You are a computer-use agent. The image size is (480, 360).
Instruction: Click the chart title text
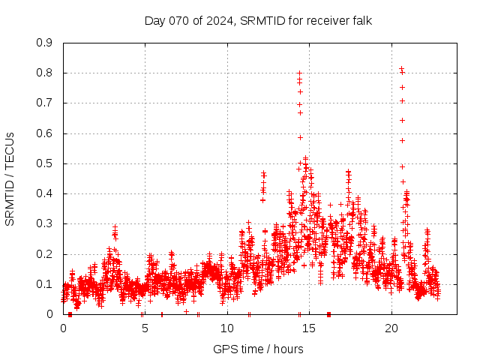tap(258, 21)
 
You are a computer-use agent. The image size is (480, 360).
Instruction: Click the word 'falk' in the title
tap(361, 21)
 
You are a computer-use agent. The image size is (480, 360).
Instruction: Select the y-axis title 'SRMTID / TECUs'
tap(10, 178)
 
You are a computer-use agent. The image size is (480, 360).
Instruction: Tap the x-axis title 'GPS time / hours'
tap(258, 349)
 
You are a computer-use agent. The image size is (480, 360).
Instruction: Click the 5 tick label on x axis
tap(145, 328)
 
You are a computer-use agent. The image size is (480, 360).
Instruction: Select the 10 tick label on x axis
tap(227, 328)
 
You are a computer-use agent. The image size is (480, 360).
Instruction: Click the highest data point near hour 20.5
tap(401, 69)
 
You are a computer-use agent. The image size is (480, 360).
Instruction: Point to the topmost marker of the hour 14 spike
tap(299, 73)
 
